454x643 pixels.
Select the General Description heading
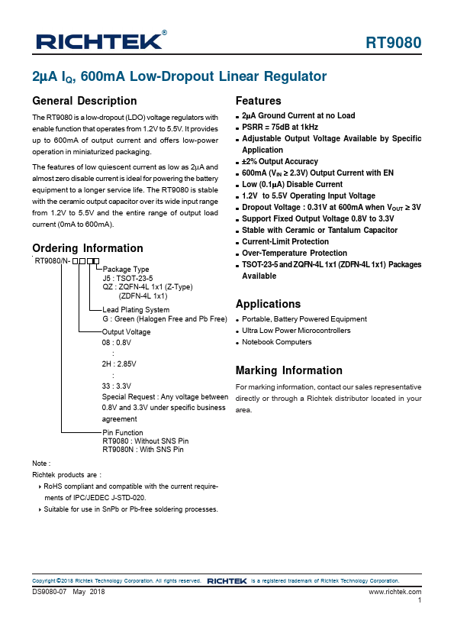(x=85, y=101)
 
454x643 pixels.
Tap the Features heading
(x=259, y=101)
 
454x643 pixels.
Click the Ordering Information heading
(x=88, y=248)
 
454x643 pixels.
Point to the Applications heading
(x=269, y=304)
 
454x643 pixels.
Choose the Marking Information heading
(x=289, y=371)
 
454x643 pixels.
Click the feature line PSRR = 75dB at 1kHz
(x=280, y=128)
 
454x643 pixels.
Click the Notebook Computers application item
(x=277, y=342)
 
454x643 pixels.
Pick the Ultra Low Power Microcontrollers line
(x=296, y=331)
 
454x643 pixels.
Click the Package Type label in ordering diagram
(x=126, y=270)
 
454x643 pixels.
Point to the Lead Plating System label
(x=136, y=309)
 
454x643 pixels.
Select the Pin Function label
(x=123, y=433)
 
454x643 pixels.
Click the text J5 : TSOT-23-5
(x=127, y=278)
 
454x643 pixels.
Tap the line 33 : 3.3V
(x=117, y=386)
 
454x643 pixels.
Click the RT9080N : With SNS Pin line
(x=143, y=450)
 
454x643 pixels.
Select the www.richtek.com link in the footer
(x=394, y=592)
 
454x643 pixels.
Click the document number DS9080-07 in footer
(x=50, y=592)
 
